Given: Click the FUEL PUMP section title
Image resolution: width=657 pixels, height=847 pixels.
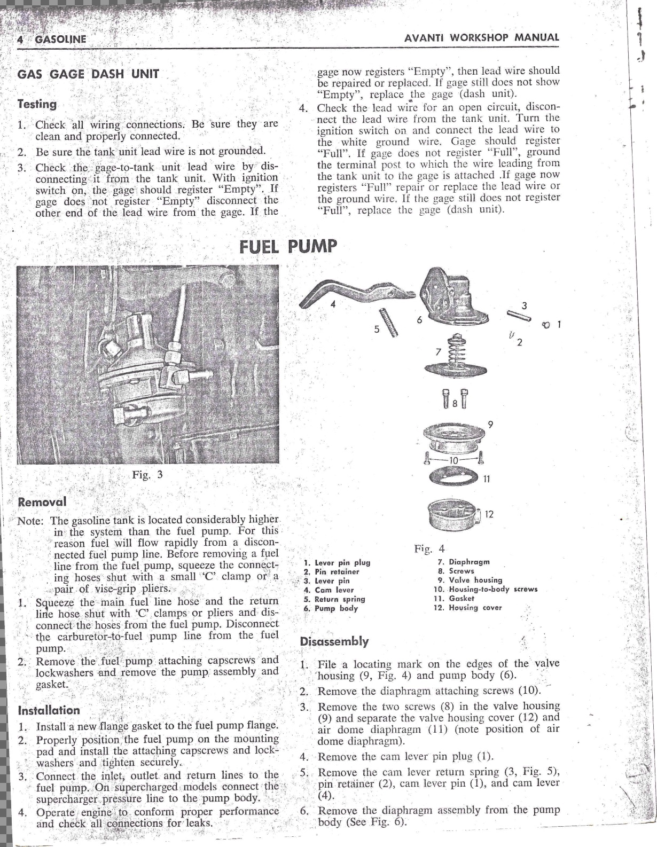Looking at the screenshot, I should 288,246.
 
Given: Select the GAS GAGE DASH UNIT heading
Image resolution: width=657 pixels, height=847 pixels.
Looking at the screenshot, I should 88,74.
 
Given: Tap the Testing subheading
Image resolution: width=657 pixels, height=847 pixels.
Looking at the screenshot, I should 37,104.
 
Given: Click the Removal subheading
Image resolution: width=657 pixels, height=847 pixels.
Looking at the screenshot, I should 42,502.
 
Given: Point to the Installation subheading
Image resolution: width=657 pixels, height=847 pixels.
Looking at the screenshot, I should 49,710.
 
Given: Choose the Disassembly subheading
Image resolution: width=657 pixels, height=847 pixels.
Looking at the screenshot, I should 334,641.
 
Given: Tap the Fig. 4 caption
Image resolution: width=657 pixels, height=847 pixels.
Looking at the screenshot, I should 429,548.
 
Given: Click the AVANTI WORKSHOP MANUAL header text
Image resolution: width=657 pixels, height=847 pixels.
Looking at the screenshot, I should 481,38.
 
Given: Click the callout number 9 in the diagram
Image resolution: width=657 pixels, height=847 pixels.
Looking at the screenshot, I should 490,425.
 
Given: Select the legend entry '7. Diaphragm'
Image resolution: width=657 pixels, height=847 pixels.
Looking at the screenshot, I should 463,562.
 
